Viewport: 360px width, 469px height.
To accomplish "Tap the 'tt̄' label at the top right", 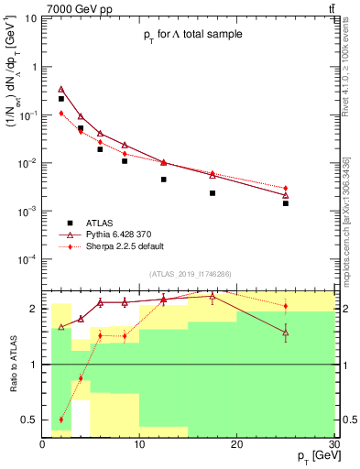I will tap(327, 8).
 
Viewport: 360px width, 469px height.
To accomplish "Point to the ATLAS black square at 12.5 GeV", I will tap(164, 180).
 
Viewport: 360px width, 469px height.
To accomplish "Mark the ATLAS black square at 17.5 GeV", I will tap(213, 193).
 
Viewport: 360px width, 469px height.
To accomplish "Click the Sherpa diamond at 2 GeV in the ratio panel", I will tap(61, 420).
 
